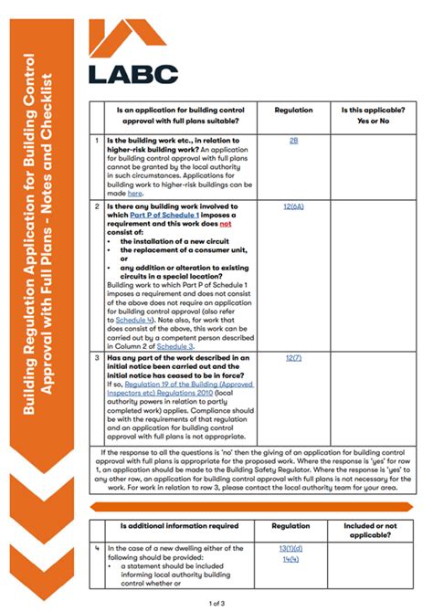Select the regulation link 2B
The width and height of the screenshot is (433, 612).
click(x=293, y=141)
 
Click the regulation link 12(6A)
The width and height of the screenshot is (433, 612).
click(x=293, y=207)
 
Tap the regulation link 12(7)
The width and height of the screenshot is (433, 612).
click(x=293, y=359)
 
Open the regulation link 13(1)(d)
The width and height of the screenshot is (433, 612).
click(x=293, y=548)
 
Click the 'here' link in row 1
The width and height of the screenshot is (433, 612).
click(x=135, y=194)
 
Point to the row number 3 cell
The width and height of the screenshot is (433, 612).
click(x=98, y=359)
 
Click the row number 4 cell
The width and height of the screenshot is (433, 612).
click(x=98, y=548)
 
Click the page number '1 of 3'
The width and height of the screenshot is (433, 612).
click(x=216, y=603)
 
